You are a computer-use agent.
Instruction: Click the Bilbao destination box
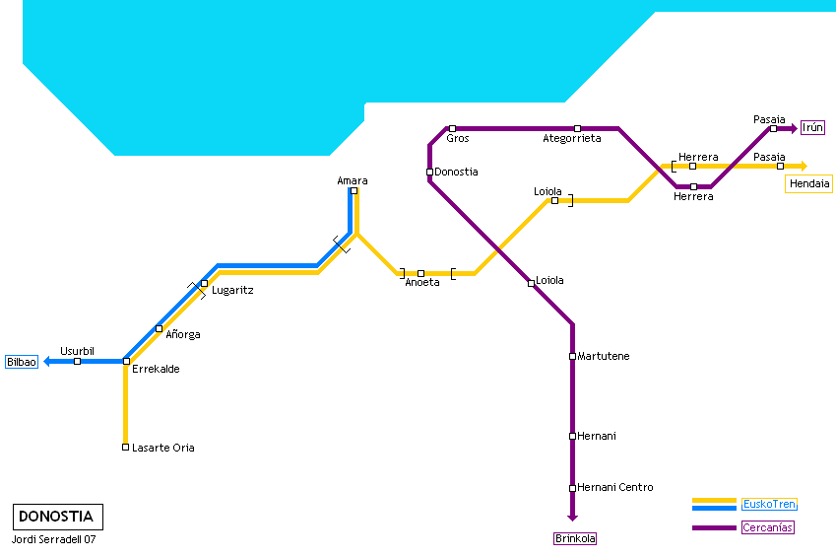coord(22,362)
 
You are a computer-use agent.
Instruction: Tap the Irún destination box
coord(812,127)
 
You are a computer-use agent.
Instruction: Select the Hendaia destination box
coord(808,183)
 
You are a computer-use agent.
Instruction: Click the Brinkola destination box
coord(575,538)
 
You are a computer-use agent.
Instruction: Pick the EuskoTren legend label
coord(769,504)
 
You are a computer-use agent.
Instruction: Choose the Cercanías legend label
coord(767,527)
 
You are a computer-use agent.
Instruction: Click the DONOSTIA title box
coord(57,516)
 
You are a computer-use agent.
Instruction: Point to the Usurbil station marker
coord(77,361)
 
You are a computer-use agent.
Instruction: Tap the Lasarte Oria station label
coord(163,448)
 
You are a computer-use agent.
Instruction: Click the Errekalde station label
coord(156,370)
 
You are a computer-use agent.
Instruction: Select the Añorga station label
coord(183,335)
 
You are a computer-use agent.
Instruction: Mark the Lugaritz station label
coord(232,291)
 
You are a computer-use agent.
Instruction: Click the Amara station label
coord(353,180)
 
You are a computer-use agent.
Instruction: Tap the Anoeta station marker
coord(420,273)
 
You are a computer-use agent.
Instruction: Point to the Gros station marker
coord(452,128)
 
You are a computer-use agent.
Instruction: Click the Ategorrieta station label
coord(571,139)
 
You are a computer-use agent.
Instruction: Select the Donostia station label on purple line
coord(456,173)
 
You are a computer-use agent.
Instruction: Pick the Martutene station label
coord(604,356)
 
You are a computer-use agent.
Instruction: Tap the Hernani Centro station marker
coord(572,488)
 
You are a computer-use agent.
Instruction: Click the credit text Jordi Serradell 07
coord(54,539)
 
